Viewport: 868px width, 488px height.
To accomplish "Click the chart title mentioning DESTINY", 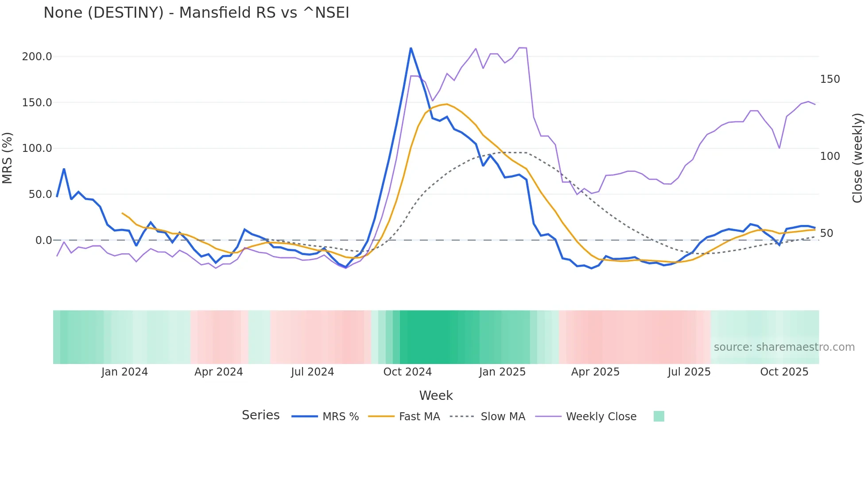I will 196,13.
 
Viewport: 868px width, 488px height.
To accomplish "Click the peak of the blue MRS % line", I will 411,48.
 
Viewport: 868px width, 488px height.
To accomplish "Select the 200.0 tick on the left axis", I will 37,57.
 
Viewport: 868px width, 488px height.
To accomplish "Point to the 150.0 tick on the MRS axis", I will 37,103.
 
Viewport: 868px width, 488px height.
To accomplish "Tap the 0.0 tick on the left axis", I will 44,240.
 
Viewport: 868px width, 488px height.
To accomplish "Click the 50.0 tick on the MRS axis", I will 40,194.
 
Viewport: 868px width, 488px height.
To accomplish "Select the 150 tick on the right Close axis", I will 830,79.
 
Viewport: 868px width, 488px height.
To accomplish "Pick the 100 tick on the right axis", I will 830,156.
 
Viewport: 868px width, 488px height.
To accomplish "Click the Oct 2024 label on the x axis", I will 407,372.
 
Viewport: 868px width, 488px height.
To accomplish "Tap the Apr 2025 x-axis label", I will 595,372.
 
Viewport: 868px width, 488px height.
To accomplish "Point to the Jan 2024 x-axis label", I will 124,372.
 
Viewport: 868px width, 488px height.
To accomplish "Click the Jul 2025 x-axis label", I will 689,372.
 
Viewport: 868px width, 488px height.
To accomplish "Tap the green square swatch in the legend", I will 659,416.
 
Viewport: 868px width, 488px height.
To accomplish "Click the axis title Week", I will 436,395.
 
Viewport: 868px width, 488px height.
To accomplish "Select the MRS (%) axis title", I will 8,158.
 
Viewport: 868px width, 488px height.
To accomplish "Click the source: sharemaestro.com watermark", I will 784,347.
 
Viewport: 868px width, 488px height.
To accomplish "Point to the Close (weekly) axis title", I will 857,158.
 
